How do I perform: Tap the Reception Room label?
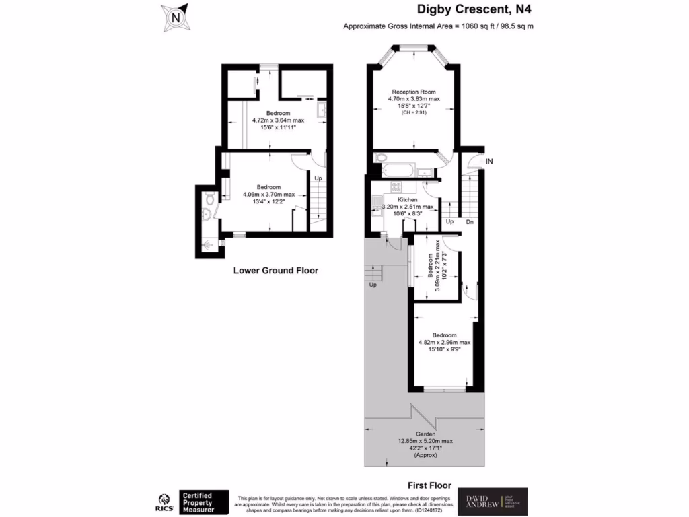(414, 92)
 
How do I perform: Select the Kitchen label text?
(408, 200)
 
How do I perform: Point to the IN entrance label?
(489, 162)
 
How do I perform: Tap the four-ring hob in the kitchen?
(396, 188)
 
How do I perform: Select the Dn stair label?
(470, 221)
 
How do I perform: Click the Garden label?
(424, 434)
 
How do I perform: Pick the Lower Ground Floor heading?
(275, 271)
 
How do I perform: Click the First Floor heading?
(429, 485)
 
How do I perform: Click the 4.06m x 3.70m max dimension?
(268, 195)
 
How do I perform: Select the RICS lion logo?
(162, 502)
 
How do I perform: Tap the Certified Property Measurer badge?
(204, 502)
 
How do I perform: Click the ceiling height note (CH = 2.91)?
(414, 112)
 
